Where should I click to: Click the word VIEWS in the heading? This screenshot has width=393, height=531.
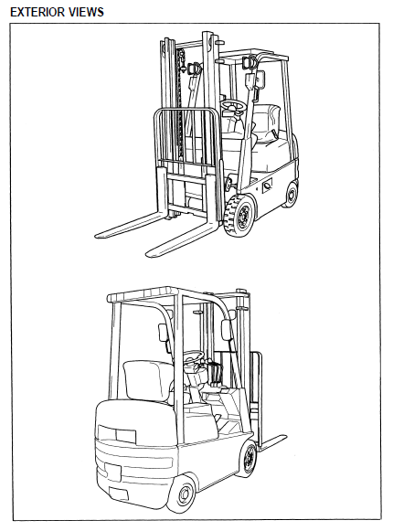87,12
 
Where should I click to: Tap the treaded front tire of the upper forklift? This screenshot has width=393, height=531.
239,215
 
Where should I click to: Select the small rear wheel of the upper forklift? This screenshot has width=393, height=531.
291,195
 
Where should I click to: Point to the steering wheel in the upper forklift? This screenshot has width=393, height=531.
233,106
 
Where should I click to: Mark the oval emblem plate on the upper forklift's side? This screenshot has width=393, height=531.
268,186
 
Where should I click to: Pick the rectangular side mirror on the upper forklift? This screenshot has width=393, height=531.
260,80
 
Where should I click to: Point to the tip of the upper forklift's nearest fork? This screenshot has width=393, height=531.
149,254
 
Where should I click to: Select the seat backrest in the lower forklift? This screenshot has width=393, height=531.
148,379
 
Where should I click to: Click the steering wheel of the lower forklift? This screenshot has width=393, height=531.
194,356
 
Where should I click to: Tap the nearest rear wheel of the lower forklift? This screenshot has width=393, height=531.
183,493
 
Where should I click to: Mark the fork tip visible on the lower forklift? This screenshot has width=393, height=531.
283,438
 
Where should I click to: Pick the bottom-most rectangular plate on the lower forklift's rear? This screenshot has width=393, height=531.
119,494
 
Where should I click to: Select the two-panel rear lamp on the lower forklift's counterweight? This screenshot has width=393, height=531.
117,434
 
